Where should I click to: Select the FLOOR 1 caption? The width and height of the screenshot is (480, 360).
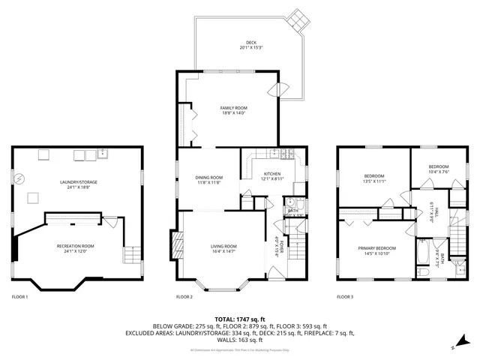point(19,297)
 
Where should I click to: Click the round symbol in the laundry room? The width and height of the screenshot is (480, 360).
point(21,178)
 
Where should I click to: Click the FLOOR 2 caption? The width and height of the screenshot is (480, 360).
point(184,297)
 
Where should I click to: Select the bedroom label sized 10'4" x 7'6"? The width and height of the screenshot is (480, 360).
point(439,169)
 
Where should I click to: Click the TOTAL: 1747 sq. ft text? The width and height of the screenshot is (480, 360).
point(239,319)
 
